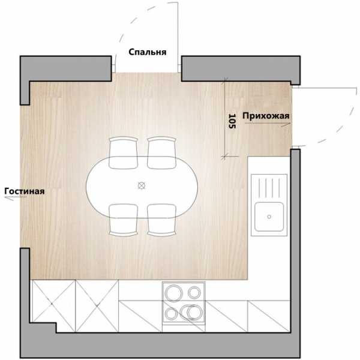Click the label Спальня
(148, 52)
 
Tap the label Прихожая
(266, 116)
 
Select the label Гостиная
(25, 191)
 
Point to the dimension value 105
(232, 121)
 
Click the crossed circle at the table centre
(142, 185)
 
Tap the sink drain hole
(269, 217)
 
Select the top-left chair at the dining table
(123, 153)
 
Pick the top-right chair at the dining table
(161, 153)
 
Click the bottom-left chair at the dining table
(123, 220)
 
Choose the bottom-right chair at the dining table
(161, 220)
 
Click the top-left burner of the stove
(174, 293)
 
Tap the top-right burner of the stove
(194, 293)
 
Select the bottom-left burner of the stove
(171, 314)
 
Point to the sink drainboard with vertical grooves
(269, 188)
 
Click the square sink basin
(269, 217)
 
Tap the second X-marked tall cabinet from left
(97, 306)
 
